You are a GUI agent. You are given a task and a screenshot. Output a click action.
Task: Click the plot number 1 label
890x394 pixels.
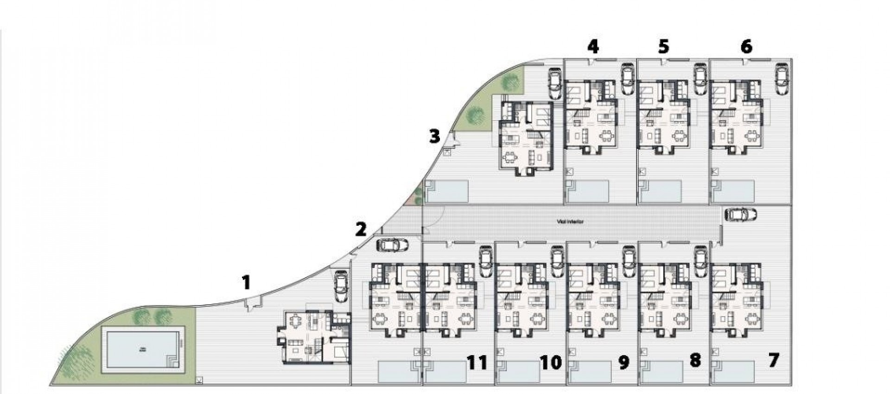(x=246, y=282)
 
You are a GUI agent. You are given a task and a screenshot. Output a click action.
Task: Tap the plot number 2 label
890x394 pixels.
(x=361, y=229)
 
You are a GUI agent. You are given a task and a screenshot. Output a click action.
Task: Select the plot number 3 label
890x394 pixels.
(x=434, y=136)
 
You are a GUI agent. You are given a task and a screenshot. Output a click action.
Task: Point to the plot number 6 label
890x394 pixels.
(x=746, y=46)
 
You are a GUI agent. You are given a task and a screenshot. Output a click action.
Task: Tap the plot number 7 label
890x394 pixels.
(x=773, y=360)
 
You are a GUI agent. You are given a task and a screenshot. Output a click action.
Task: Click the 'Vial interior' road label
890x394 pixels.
(x=570, y=222)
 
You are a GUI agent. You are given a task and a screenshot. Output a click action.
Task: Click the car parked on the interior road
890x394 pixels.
(x=740, y=214)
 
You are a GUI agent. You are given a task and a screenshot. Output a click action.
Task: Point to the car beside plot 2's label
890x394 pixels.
(x=393, y=245)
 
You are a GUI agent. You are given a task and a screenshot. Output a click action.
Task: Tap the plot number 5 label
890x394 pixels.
(x=664, y=46)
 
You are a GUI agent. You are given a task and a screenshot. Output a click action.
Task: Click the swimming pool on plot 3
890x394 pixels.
(x=447, y=191)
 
